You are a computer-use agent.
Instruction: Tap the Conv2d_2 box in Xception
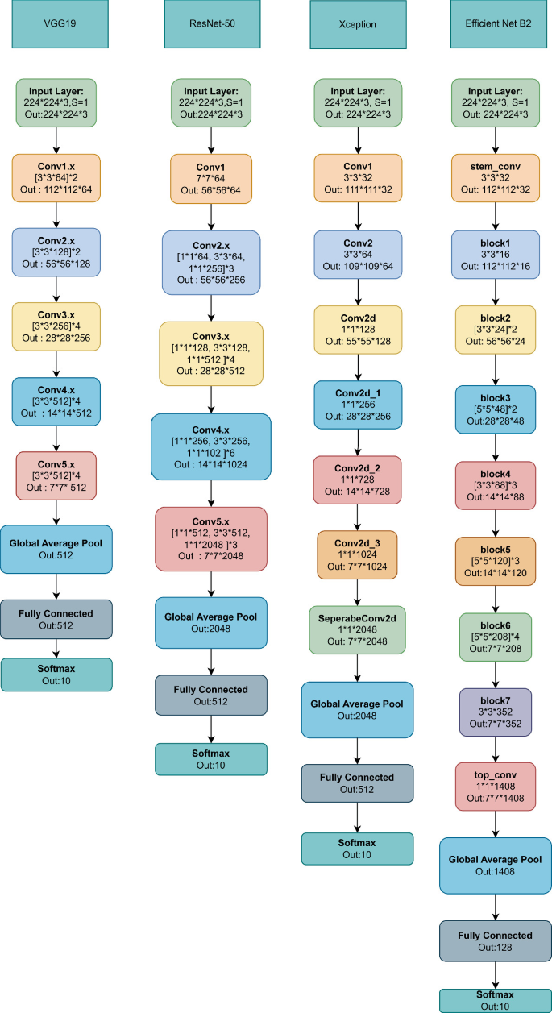[357, 479]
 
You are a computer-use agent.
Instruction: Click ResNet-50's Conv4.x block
[211, 446]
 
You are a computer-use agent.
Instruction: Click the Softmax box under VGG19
[56, 675]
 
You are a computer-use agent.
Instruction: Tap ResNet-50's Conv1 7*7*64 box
[211, 179]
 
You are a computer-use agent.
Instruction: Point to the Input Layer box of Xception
[357, 102]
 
